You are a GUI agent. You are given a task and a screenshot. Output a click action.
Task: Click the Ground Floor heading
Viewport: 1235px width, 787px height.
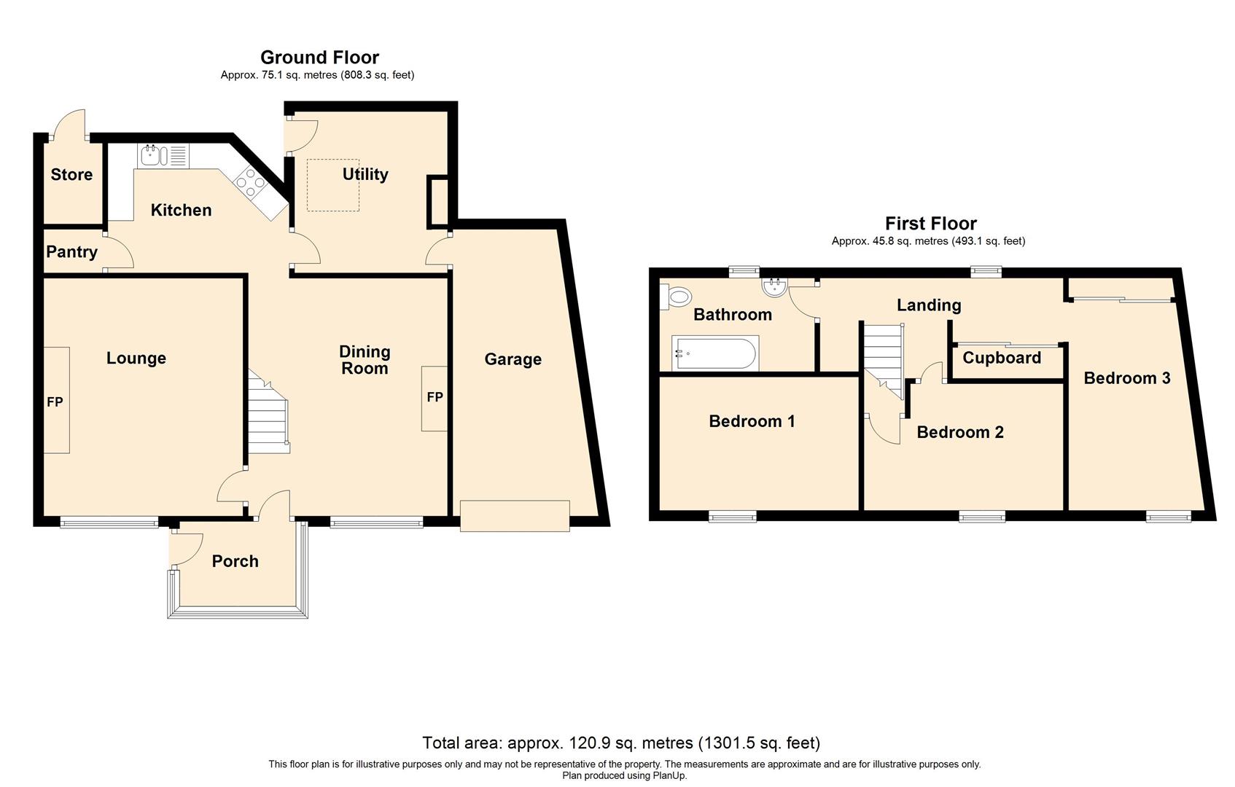(x=319, y=57)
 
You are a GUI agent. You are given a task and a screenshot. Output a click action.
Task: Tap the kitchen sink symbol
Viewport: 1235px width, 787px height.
(x=154, y=155)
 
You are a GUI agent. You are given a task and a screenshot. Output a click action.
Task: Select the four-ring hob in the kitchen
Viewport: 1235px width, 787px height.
(x=249, y=181)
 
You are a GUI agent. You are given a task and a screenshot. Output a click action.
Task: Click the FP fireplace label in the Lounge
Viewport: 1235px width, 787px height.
(x=55, y=402)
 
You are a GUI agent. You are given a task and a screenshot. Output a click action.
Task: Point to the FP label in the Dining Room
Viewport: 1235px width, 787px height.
(x=435, y=397)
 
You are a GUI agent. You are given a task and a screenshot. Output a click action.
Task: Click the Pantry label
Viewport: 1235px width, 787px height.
(x=71, y=252)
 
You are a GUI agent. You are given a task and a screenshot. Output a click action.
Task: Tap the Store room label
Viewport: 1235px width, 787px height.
(x=71, y=174)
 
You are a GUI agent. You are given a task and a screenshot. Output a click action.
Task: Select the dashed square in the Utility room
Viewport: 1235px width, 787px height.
(x=332, y=185)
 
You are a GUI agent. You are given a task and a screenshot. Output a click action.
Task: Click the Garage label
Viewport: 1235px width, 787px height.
(x=513, y=359)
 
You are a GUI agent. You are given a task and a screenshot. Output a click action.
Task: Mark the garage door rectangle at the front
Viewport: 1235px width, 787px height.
(x=514, y=515)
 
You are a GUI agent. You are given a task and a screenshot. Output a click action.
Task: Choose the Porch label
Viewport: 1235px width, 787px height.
(x=235, y=561)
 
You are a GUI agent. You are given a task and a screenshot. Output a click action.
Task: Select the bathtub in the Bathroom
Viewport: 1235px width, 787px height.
(x=714, y=353)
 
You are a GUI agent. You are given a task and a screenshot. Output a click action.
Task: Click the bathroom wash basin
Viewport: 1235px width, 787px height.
(x=774, y=287)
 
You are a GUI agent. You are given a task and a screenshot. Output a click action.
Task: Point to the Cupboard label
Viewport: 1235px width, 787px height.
(x=1001, y=358)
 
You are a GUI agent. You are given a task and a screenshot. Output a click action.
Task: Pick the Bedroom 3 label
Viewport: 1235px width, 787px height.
(x=1126, y=377)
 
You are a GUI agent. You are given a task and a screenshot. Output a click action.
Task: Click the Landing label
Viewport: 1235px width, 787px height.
(x=928, y=305)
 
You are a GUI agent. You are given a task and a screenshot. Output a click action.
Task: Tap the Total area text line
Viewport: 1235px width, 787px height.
(x=621, y=743)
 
